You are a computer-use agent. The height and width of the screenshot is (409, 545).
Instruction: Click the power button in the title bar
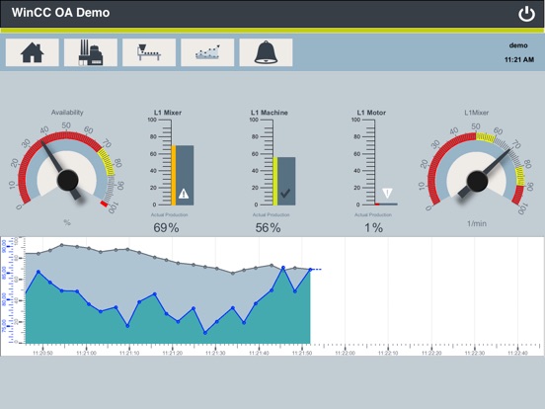(525, 14)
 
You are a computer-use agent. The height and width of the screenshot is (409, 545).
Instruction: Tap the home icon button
(32, 52)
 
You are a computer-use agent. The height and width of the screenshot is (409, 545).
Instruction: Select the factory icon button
(90, 52)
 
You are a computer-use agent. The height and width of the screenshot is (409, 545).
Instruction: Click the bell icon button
(265, 52)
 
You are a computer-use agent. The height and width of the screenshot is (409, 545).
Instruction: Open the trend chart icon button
(207, 52)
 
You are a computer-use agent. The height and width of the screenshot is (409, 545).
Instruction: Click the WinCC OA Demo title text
(60, 14)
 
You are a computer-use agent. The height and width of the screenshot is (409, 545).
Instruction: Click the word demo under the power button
(518, 45)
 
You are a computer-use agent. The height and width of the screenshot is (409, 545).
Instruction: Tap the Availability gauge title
(67, 113)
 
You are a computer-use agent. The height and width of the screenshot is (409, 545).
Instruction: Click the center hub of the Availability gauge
(68, 178)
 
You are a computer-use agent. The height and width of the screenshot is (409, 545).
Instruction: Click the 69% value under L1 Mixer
(166, 228)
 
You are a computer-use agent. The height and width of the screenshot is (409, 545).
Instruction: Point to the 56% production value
(268, 228)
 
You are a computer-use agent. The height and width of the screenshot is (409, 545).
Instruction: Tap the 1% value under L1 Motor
(373, 228)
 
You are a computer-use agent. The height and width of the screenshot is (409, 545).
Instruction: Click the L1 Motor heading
(371, 113)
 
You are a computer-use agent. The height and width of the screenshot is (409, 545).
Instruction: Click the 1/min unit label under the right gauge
(479, 223)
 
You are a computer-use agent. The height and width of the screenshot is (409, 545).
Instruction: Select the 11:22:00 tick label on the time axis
(346, 353)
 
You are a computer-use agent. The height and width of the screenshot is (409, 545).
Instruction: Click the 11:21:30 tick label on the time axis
(213, 353)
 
